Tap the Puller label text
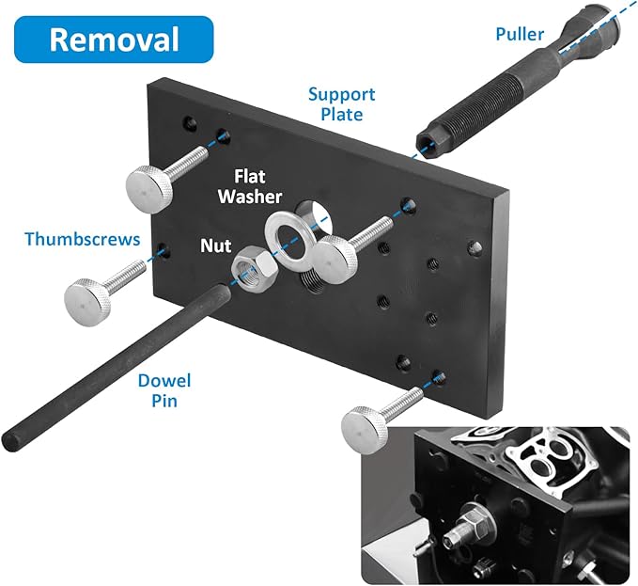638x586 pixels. tap(521, 36)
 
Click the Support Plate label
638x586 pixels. tap(342, 104)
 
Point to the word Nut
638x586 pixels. tap(215, 245)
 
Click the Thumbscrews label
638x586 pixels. tap(83, 239)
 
